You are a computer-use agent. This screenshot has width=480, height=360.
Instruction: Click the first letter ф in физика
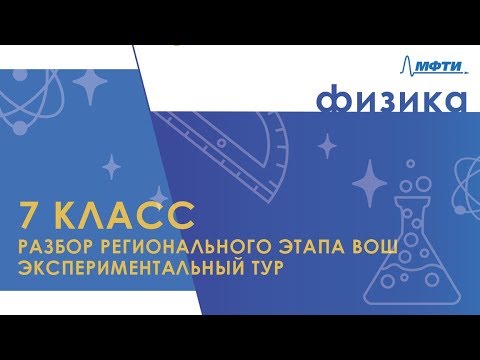tap(332, 101)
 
